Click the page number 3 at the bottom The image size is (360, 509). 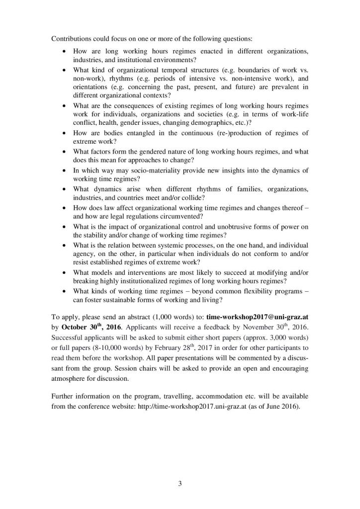[x=180, y=484]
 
